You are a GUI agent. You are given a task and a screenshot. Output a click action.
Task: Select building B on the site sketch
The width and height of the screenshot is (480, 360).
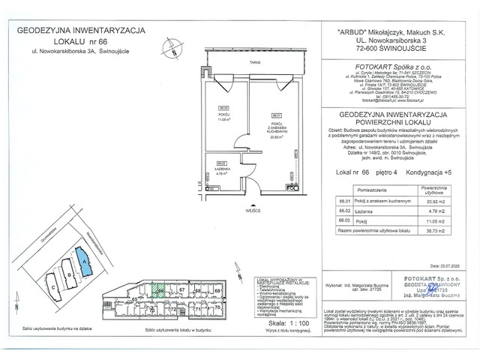69,276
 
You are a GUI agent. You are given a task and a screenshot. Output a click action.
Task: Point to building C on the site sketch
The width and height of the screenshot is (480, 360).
52,284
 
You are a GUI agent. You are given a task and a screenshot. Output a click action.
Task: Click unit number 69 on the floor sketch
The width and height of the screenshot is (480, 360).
217,289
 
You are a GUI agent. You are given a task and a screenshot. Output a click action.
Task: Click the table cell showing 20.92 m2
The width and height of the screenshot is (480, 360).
436,202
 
